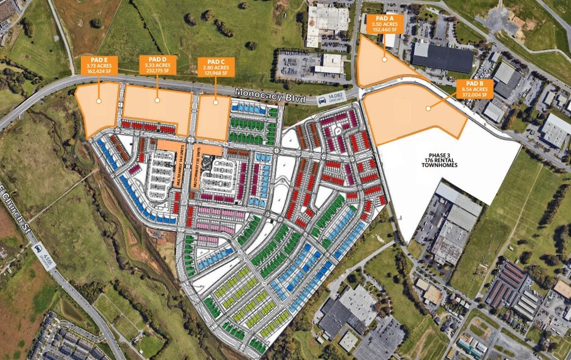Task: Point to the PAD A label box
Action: coord(385,23)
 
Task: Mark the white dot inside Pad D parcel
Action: coord(157,100)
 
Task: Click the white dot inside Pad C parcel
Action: coord(215,102)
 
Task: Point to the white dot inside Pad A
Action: coord(384,59)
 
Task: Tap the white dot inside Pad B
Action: coord(427,108)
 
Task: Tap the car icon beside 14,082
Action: coord(322,100)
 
